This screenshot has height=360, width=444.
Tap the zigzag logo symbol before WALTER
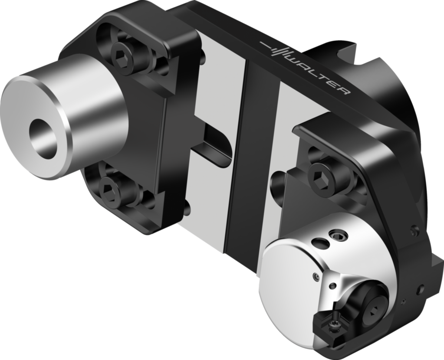click(x=275, y=49)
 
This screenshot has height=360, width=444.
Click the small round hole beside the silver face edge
click(x=316, y=276)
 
